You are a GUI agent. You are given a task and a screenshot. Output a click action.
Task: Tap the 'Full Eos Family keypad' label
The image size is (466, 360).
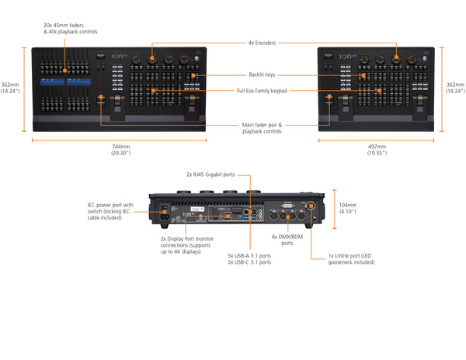[263, 92]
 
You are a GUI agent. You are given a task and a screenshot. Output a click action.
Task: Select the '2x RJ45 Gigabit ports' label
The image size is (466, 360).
[210, 175]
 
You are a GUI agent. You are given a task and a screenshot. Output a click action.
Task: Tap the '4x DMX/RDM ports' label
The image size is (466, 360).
[288, 240]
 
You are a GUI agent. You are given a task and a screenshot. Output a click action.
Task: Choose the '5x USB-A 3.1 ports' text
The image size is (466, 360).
[249, 255]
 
